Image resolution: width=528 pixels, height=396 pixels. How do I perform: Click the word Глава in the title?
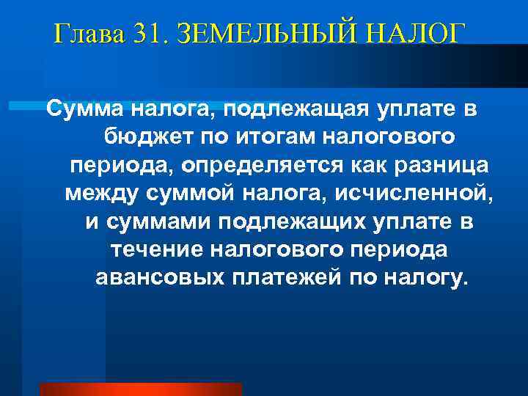(x=88, y=34)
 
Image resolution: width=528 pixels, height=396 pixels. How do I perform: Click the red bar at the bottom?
(x=140, y=389)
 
